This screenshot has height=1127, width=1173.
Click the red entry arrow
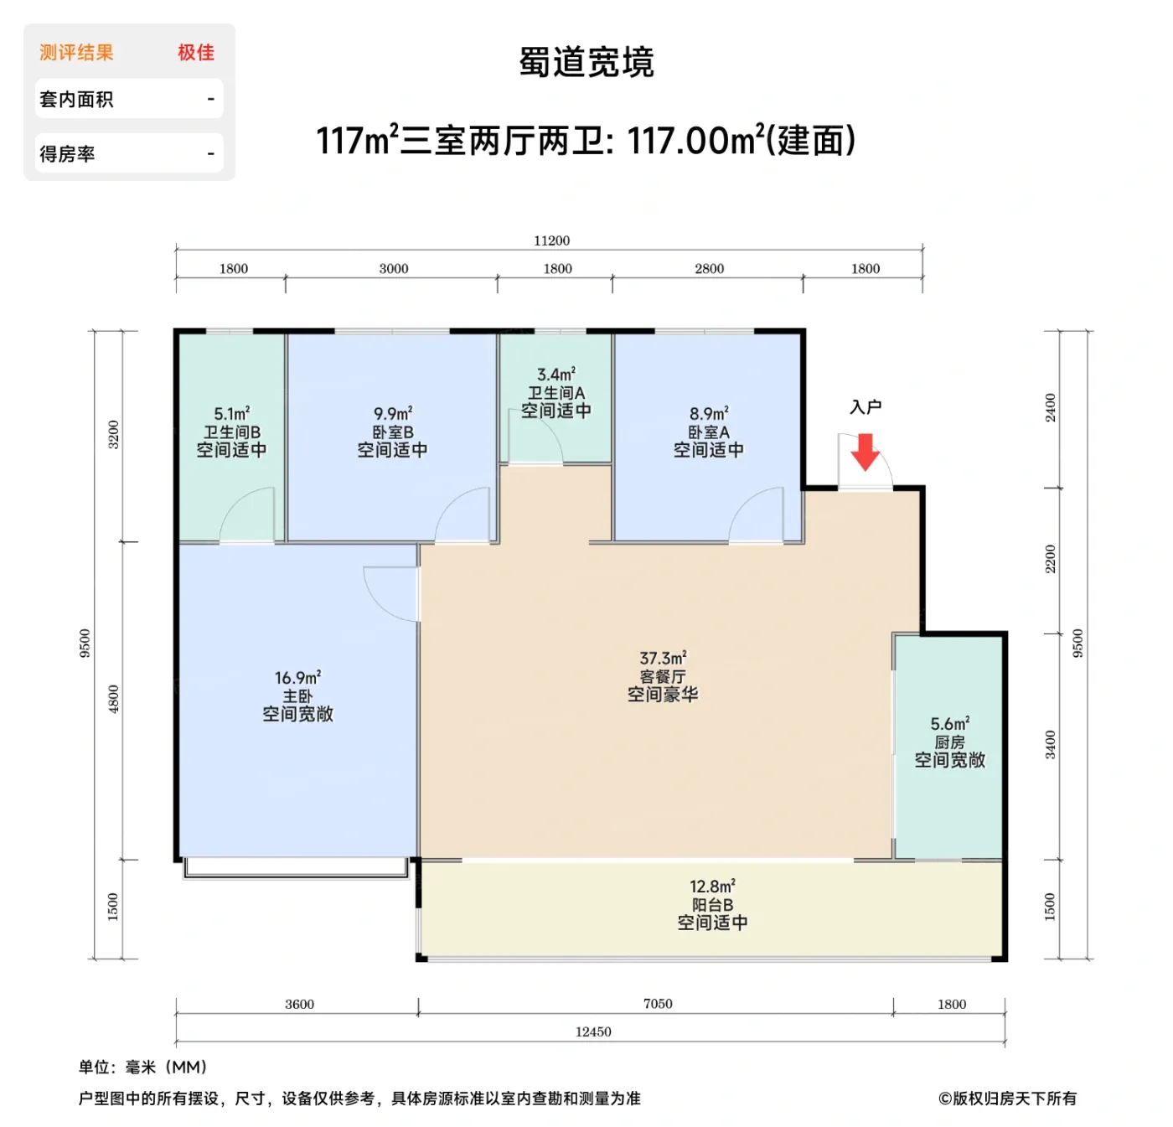865,452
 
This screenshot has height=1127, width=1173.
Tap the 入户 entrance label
866,407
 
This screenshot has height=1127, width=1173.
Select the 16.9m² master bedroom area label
297,678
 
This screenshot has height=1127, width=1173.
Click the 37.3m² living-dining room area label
663,659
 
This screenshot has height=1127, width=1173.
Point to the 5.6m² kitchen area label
949,724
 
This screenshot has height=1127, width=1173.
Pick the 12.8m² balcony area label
712,887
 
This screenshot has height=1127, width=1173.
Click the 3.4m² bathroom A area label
556,375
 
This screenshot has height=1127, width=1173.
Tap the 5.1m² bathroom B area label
232,414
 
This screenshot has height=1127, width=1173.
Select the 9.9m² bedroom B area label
393,414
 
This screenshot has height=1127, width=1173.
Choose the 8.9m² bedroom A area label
709,414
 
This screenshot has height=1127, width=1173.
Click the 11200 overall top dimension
551,241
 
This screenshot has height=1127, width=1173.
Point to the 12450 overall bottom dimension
593,1032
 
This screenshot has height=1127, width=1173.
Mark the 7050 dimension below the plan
658,1004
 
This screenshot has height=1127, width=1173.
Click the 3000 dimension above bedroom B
394,269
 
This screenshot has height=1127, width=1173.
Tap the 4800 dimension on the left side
114,699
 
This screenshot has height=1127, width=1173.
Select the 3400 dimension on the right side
1051,744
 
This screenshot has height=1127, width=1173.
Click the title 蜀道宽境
586,63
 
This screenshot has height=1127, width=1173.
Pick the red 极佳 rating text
196,53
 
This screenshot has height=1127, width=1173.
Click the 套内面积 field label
76,100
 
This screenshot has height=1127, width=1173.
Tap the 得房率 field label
67,154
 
